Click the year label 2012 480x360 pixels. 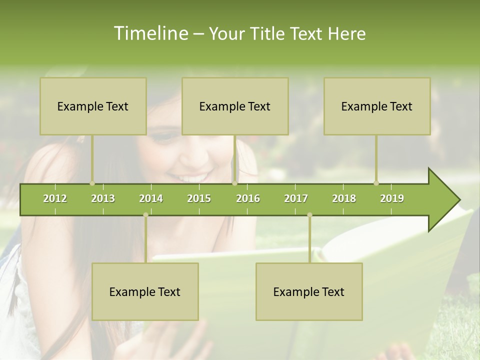(x=55, y=198)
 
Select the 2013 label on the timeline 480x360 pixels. (x=103, y=198)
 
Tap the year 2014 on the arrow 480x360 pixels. (x=151, y=198)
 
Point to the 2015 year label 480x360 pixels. (x=199, y=198)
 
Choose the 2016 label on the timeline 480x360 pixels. (x=248, y=198)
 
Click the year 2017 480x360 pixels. (x=296, y=198)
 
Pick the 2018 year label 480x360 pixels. (x=344, y=198)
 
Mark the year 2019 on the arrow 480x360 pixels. (x=392, y=198)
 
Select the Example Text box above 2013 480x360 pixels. (x=93, y=106)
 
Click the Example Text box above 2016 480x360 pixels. (x=235, y=106)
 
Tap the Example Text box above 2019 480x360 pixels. (x=377, y=106)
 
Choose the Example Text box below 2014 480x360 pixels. (x=145, y=292)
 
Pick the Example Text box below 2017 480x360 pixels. (x=309, y=292)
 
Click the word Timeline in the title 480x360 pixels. (x=150, y=33)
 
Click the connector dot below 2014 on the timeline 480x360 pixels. (x=145, y=214)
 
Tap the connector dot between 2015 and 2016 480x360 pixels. (x=234, y=183)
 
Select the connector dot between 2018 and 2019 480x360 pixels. (x=376, y=183)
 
